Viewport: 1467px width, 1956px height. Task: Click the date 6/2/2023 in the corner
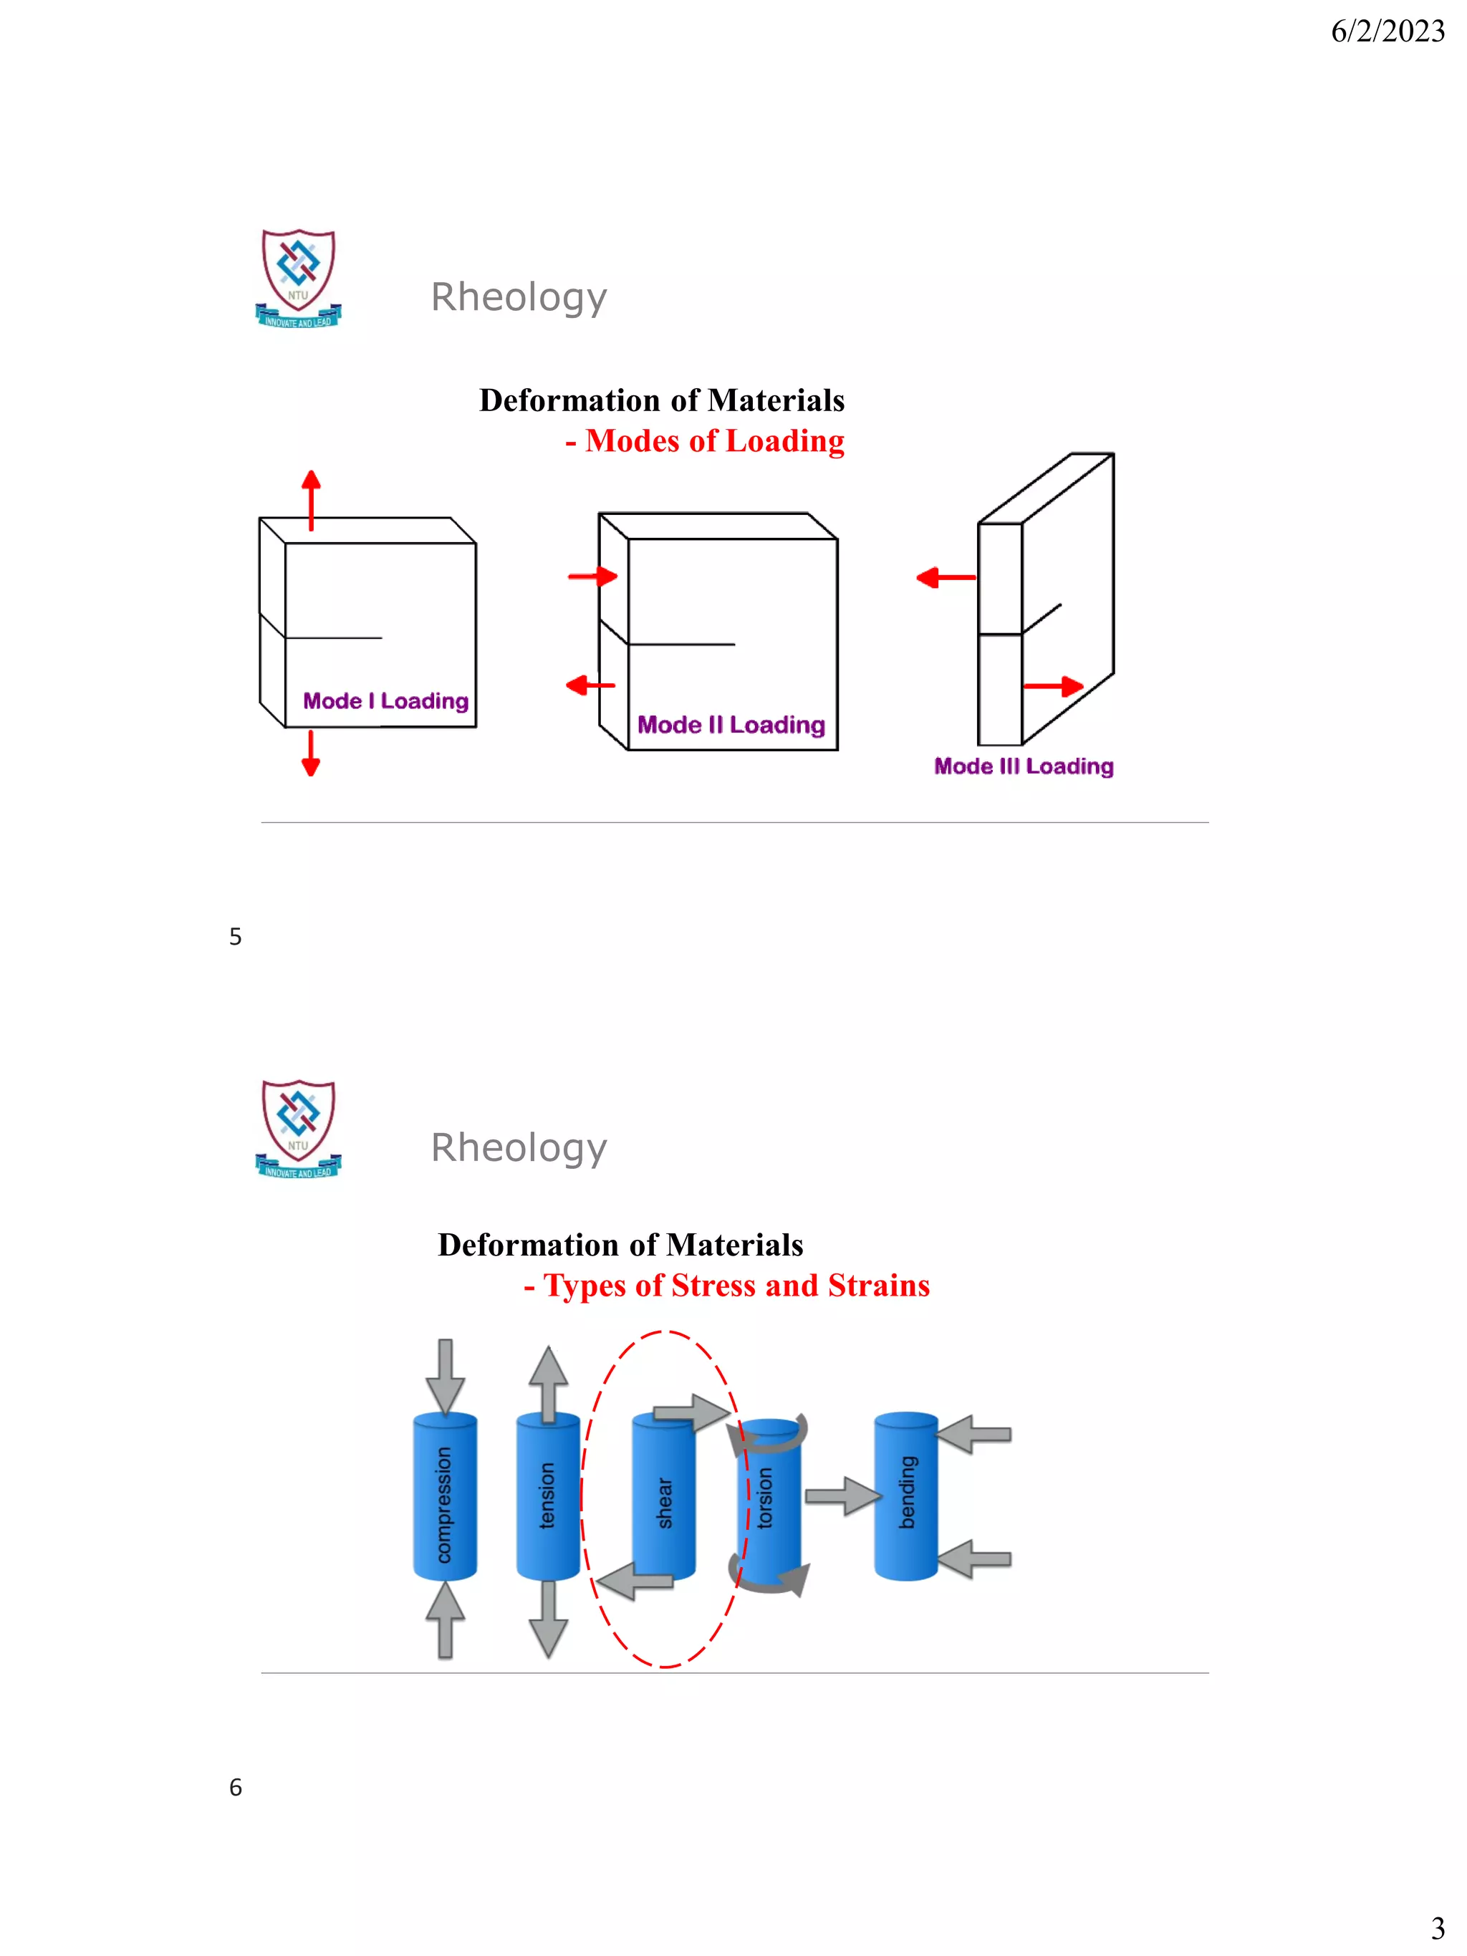pyautogui.click(x=1387, y=32)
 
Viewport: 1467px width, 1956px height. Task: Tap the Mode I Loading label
pyautogui.click(x=385, y=700)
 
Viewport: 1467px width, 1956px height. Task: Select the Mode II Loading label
pyautogui.click(x=731, y=724)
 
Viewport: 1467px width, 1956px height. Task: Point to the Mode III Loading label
pyautogui.click(x=1023, y=766)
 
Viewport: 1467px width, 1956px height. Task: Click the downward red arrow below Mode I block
pyautogui.click(x=310, y=753)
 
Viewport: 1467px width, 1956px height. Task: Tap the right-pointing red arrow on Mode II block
pyautogui.click(x=592, y=577)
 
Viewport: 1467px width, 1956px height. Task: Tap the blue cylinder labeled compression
pyautogui.click(x=445, y=1497)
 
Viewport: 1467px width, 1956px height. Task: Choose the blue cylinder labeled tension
pyautogui.click(x=547, y=1497)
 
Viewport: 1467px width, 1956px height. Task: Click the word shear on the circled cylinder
pyautogui.click(x=665, y=1503)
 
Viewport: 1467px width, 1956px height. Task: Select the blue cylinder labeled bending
pyautogui.click(x=905, y=1495)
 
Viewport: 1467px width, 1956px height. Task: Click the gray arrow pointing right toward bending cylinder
pyautogui.click(x=842, y=1496)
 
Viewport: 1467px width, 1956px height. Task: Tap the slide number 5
pyautogui.click(x=235, y=936)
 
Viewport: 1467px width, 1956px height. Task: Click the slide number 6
pyautogui.click(x=235, y=1787)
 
